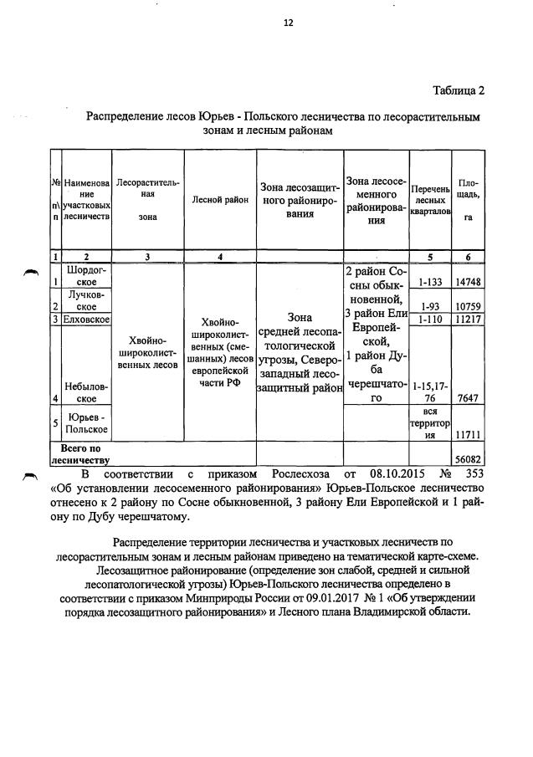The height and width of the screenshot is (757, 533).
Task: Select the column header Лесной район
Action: click(x=220, y=200)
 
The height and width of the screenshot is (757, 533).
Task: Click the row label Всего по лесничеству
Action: click(x=80, y=454)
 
